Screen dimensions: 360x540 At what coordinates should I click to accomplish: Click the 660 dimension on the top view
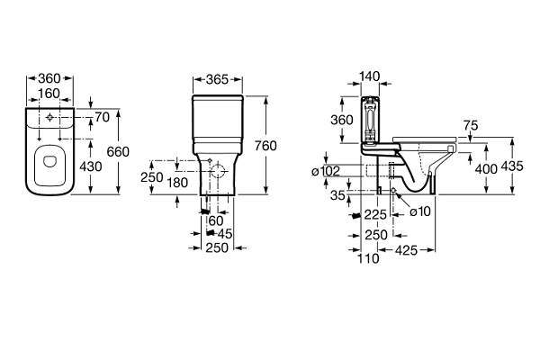coord(120,152)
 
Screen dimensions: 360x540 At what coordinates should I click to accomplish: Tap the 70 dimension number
coord(101,117)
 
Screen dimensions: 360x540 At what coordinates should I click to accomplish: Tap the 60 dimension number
coord(215,220)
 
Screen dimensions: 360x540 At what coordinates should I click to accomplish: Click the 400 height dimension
coord(487,168)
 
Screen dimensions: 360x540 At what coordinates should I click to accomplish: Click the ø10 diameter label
coord(418,212)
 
